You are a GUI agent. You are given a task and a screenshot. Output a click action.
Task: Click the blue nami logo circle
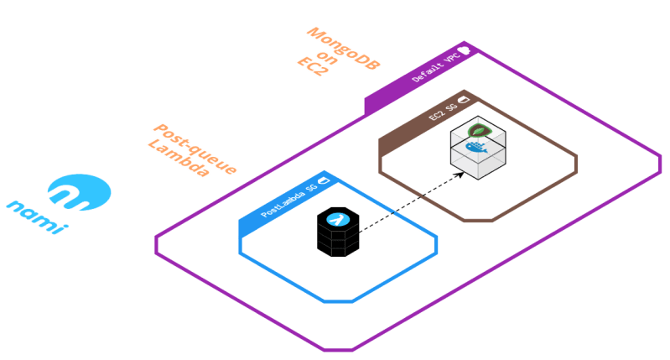click(x=79, y=192)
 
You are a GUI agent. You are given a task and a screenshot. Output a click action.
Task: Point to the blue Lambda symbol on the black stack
click(x=337, y=220)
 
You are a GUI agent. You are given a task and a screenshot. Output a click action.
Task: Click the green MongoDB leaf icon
click(x=478, y=131)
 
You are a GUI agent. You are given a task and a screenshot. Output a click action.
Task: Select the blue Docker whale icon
click(x=477, y=152)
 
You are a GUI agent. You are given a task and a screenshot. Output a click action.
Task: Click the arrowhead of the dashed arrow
click(x=461, y=175)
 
